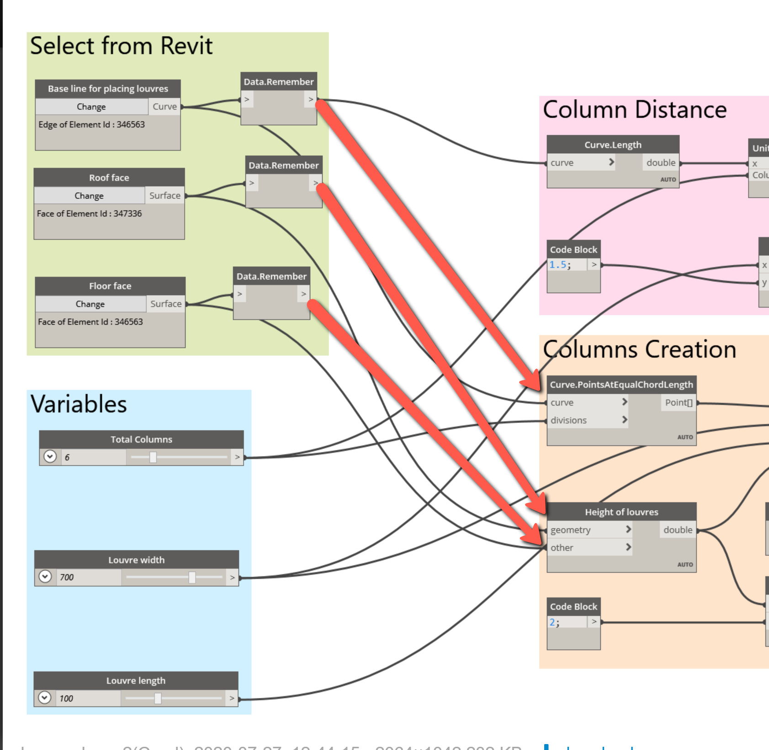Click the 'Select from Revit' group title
(x=121, y=46)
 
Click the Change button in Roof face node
(x=89, y=195)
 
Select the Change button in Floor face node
(x=90, y=304)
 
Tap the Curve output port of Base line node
(x=164, y=106)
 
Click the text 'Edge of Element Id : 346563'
(x=91, y=124)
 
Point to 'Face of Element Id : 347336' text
(x=90, y=213)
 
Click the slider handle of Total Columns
(x=153, y=457)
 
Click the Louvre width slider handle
(x=192, y=577)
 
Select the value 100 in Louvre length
(x=66, y=698)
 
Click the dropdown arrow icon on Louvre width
(x=45, y=577)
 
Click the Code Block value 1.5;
(x=560, y=265)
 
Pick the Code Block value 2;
(x=554, y=622)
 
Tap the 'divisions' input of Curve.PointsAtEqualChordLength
(x=569, y=420)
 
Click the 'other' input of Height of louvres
(x=562, y=548)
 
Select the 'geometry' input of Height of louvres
(x=571, y=530)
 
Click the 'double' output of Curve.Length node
(x=661, y=163)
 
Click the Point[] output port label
(x=679, y=402)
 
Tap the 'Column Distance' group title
(x=635, y=110)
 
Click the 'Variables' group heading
(x=79, y=404)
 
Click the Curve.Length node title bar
(x=613, y=145)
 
